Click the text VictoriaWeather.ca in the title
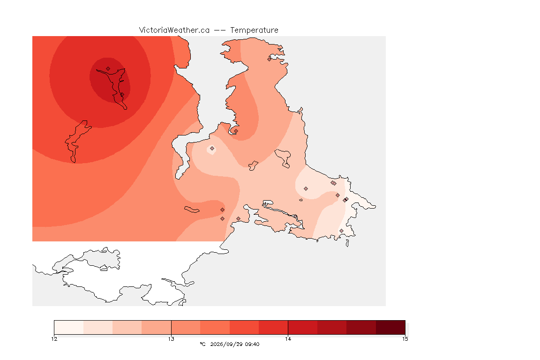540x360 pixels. [x=174, y=30]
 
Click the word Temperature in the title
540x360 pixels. [x=254, y=30]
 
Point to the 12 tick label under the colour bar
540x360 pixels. [x=54, y=339]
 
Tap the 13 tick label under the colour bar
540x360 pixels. [x=171, y=339]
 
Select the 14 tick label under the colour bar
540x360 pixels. [x=288, y=339]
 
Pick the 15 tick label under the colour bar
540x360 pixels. [x=405, y=339]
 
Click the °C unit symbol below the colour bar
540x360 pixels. [x=202, y=344]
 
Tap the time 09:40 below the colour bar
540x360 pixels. [x=252, y=344]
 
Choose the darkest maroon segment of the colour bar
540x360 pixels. [x=390, y=327]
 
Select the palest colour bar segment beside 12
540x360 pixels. [x=69, y=327]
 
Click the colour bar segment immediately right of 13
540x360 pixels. [x=186, y=327]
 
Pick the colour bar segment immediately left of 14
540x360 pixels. [x=273, y=327]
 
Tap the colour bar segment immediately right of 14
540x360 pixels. [x=303, y=327]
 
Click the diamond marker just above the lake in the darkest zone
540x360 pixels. [x=108, y=69]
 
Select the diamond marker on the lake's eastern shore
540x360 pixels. [x=122, y=94]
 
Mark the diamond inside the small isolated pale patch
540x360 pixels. [x=212, y=149]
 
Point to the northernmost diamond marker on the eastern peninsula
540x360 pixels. [x=270, y=59]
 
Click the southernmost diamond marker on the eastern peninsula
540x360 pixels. [x=341, y=231]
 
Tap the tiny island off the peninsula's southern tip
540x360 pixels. [x=347, y=243]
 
